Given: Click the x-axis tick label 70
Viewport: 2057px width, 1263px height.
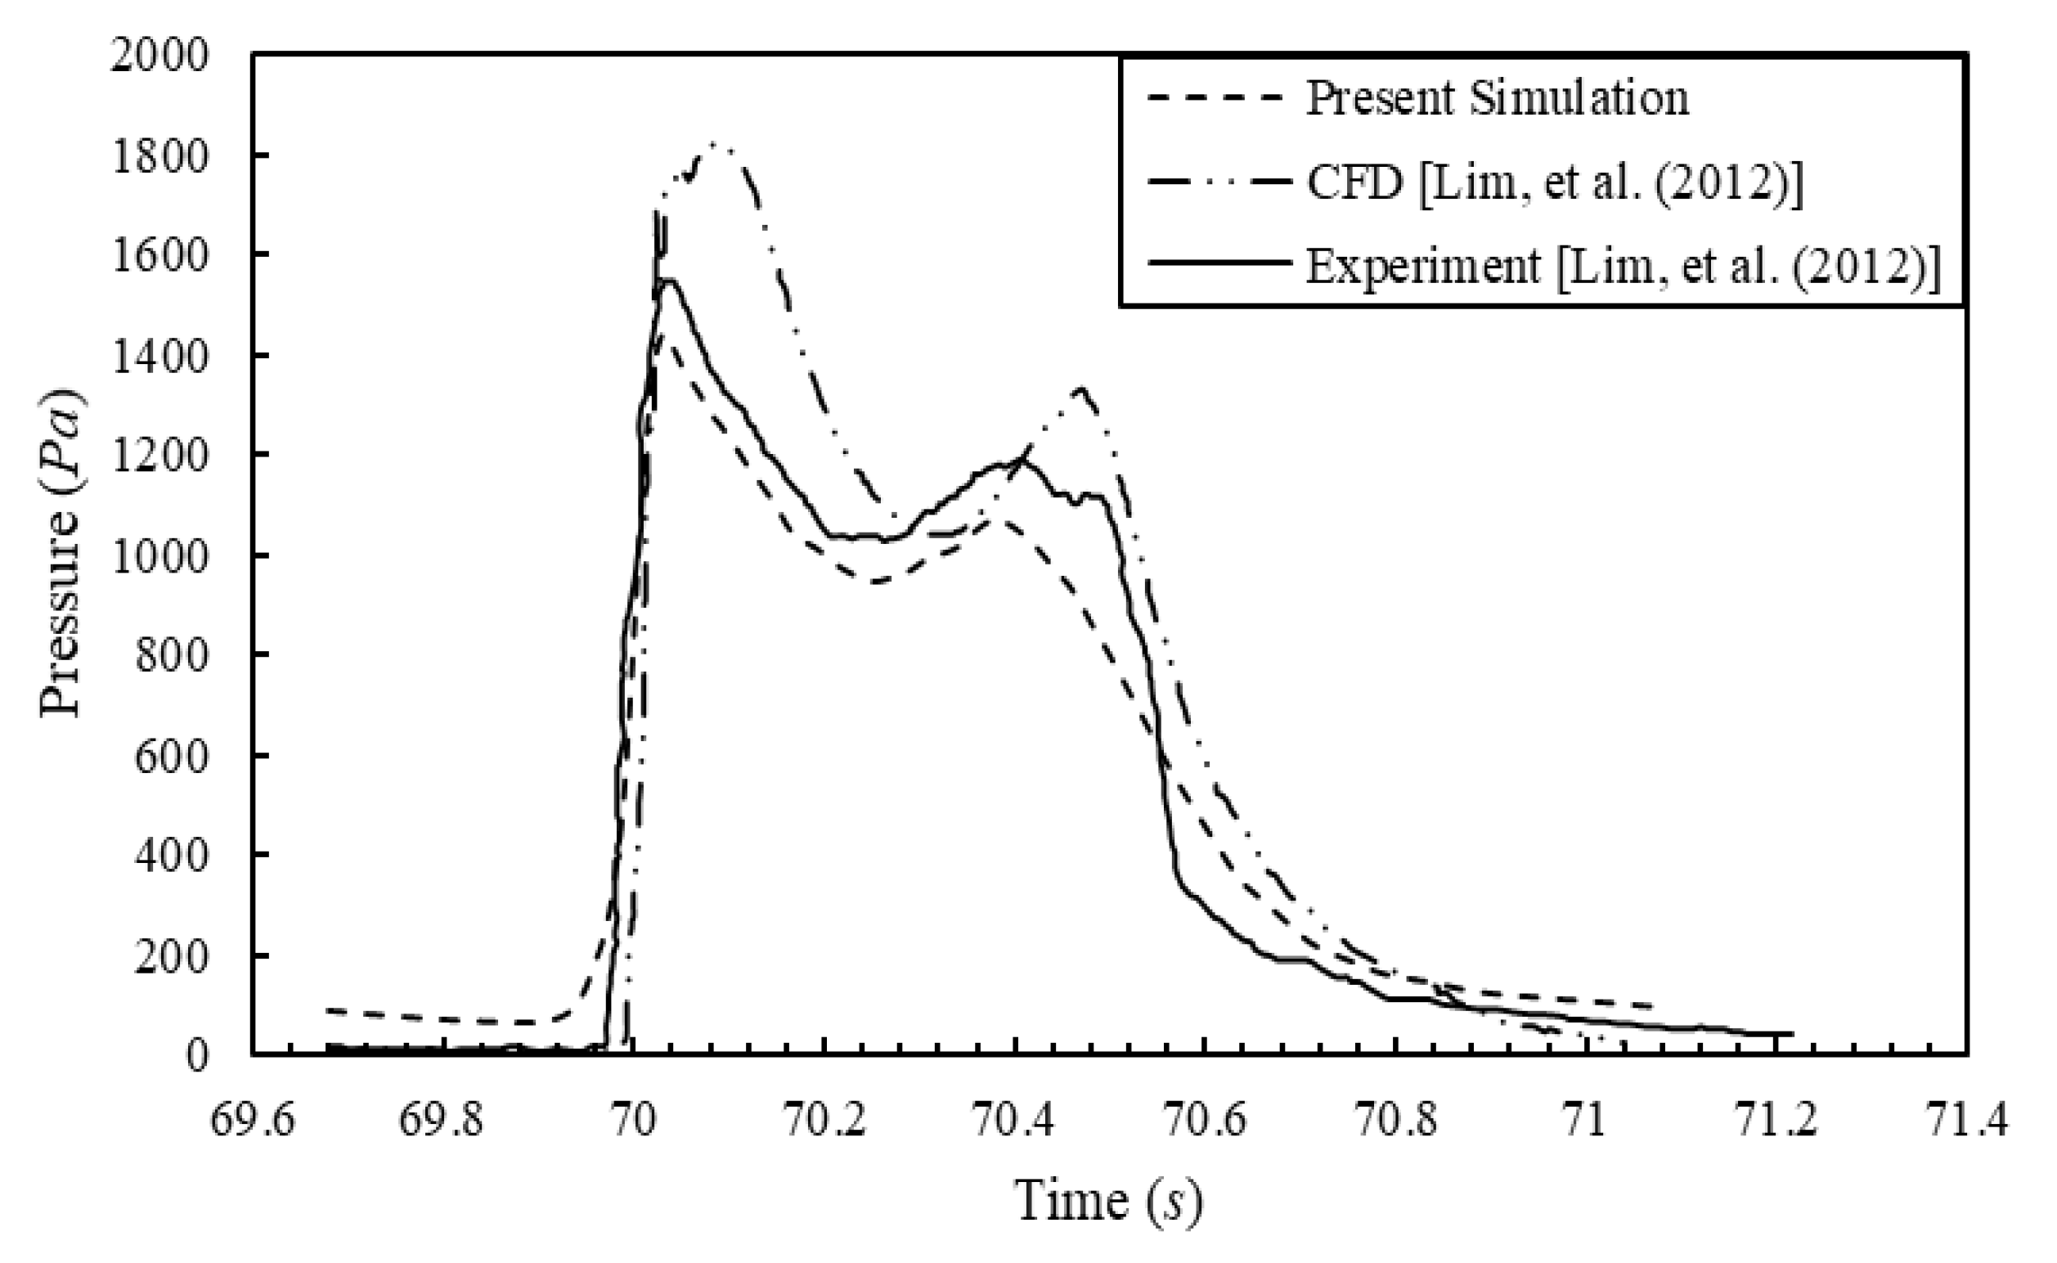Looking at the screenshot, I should click(x=633, y=1121).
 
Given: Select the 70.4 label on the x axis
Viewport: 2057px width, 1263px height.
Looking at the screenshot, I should click(x=1014, y=1121).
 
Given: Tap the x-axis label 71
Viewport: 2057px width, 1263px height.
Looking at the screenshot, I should click(x=1585, y=1121).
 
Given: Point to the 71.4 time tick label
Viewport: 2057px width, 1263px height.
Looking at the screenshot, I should click(x=1966, y=1121).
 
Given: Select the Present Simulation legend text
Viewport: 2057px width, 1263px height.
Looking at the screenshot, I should click(x=1497, y=98).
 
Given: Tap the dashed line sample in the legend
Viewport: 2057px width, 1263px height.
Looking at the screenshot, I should click(x=1215, y=98).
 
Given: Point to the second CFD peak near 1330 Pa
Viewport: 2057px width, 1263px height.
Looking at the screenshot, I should click(x=1081, y=388).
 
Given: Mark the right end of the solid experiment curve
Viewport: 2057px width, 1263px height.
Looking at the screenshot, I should click(x=1791, y=1033).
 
